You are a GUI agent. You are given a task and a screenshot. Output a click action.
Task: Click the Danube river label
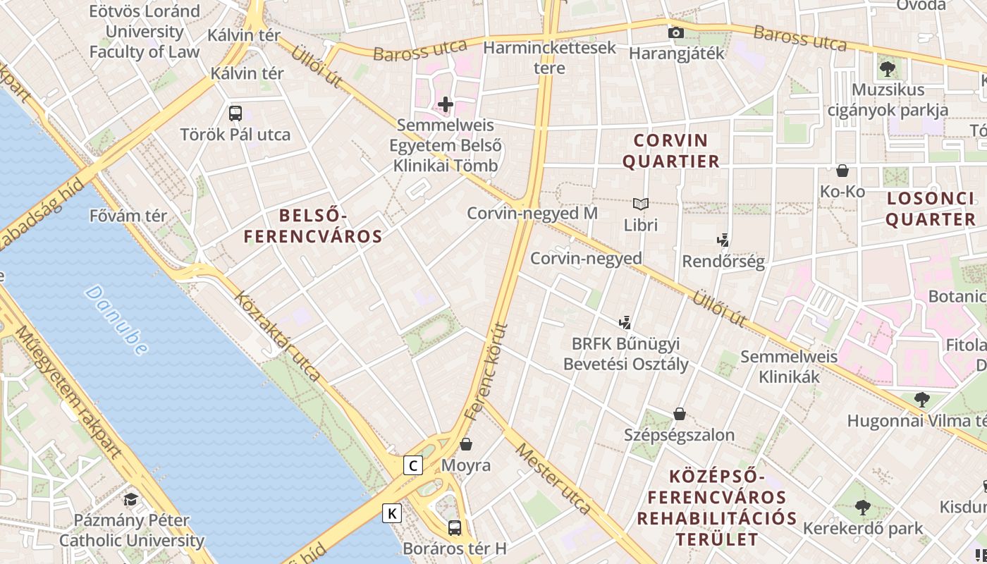pos(117,319)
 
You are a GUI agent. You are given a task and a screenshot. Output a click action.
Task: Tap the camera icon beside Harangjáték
pos(675,32)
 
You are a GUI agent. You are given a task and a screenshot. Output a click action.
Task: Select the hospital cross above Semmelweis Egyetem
pos(445,105)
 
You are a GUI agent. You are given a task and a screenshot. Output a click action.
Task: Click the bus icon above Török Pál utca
pos(235,113)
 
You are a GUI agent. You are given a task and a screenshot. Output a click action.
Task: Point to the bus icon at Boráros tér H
pos(455,527)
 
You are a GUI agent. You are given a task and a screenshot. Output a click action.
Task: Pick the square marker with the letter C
pos(413,465)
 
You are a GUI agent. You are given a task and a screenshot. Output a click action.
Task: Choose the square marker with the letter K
pos(392,513)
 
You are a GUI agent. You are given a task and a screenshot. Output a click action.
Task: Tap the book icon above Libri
pos(640,204)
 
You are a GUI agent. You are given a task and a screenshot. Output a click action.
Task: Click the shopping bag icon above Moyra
pos(465,444)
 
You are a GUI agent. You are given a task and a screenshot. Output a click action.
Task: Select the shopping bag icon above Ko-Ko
pos(842,171)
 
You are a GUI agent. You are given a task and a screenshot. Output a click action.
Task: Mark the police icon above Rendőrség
pos(723,240)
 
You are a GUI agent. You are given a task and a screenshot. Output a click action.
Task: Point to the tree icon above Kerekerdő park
pos(862,507)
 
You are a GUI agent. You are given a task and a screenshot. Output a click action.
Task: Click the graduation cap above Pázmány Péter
pos(131,500)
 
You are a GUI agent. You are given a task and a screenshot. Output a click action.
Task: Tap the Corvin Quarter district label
pos(675,150)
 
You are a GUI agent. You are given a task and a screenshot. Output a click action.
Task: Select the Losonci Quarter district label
pos(930,209)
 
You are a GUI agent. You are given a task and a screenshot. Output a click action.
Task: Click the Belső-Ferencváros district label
pos(313,226)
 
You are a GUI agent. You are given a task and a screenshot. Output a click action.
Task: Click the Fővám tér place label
pos(128,216)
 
